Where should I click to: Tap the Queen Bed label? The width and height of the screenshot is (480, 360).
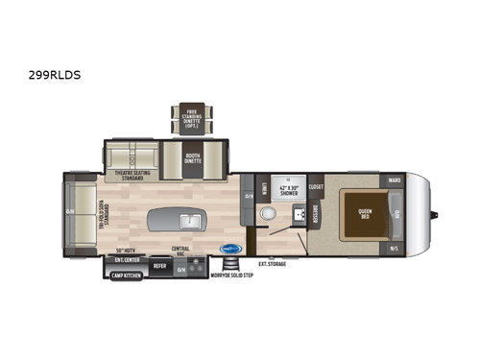tap(365, 213)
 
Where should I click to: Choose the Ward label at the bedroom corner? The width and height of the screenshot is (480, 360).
tap(395, 179)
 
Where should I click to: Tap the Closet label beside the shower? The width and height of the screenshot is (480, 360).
tap(316, 186)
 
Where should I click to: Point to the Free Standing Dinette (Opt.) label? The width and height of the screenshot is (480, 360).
tap(192, 121)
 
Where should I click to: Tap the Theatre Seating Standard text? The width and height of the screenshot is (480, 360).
tap(132, 176)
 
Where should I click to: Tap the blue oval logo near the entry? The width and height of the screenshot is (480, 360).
tap(230, 248)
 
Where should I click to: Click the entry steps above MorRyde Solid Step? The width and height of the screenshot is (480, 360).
tap(228, 266)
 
